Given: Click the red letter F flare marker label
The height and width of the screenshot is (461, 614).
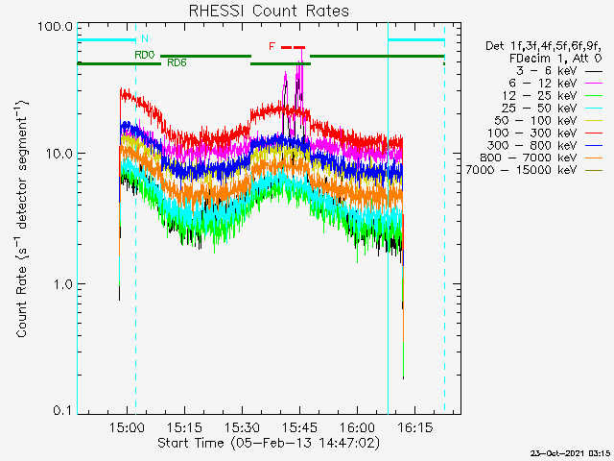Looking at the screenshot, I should [272, 46].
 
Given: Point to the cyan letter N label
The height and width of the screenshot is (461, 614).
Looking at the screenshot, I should [145, 38].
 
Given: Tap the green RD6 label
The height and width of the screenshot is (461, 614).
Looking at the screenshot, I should [177, 62].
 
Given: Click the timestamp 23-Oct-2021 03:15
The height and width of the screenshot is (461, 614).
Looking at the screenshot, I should [572, 451].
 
